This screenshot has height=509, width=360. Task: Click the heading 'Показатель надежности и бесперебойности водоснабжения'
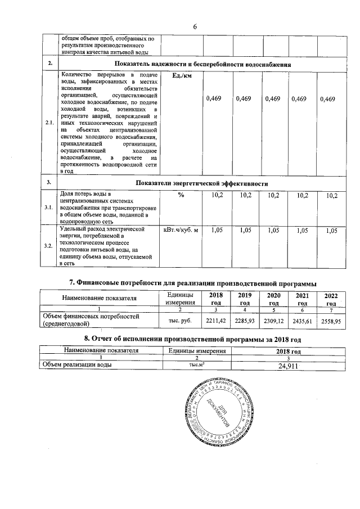click(x=202, y=65)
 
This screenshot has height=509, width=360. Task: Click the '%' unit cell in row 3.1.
click(x=181, y=195)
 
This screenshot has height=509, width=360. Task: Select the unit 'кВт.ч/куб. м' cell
click(x=181, y=229)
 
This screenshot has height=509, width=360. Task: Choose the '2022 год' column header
click(x=328, y=299)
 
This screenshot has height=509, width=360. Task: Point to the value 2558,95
click(x=331, y=320)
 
